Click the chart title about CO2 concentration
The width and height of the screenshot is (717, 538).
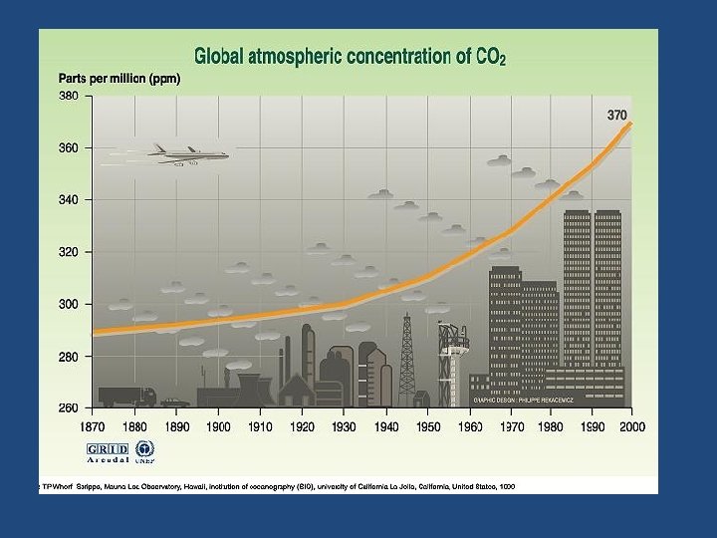350,57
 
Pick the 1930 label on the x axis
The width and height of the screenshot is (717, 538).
345,426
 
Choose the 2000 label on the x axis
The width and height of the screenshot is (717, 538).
631,426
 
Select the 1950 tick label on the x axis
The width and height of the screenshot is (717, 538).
428,426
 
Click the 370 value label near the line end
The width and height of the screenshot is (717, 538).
617,116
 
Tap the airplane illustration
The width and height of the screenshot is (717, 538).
189,153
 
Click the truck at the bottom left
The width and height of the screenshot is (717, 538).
126,396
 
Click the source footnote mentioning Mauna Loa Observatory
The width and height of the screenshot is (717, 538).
279,485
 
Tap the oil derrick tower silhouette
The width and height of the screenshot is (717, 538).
406,359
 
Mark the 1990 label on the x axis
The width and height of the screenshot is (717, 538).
589,426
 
